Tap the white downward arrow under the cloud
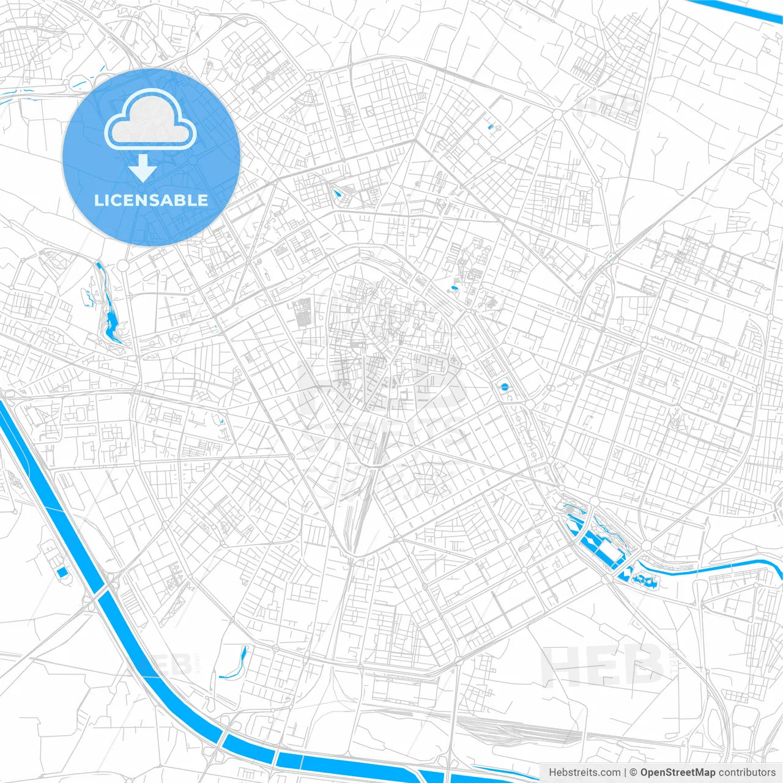pos(143,168)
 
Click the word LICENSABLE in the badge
pos(151,200)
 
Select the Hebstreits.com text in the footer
pos(584,773)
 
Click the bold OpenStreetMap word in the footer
pos(677,773)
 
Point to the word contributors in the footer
pos(747,773)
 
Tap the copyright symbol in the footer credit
pos(634,773)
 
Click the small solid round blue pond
pos(504,387)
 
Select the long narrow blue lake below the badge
pos(110,312)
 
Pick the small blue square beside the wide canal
pos(62,573)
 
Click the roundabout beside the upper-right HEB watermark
pos(557,114)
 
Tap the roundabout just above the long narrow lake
pos(123,265)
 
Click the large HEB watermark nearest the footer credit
pos(603,664)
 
